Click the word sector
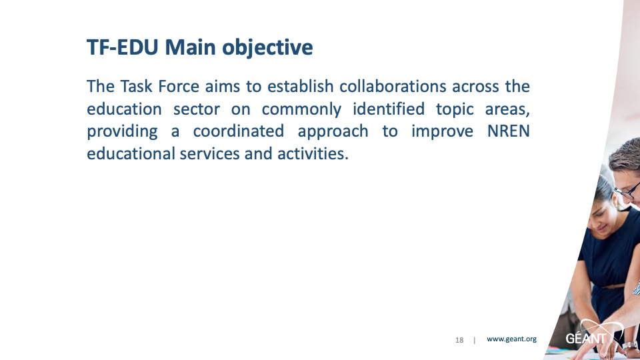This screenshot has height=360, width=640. click(197, 109)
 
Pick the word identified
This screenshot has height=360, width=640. click(389, 109)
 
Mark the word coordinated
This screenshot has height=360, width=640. click(239, 131)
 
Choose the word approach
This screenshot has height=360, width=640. click(333, 132)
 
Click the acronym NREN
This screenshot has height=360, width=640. click(509, 131)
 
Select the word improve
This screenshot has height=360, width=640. click(442, 132)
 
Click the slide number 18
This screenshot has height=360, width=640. click(459, 340)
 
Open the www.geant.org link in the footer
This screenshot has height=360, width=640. click(511, 339)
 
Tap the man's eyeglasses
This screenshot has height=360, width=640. click(628, 191)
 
